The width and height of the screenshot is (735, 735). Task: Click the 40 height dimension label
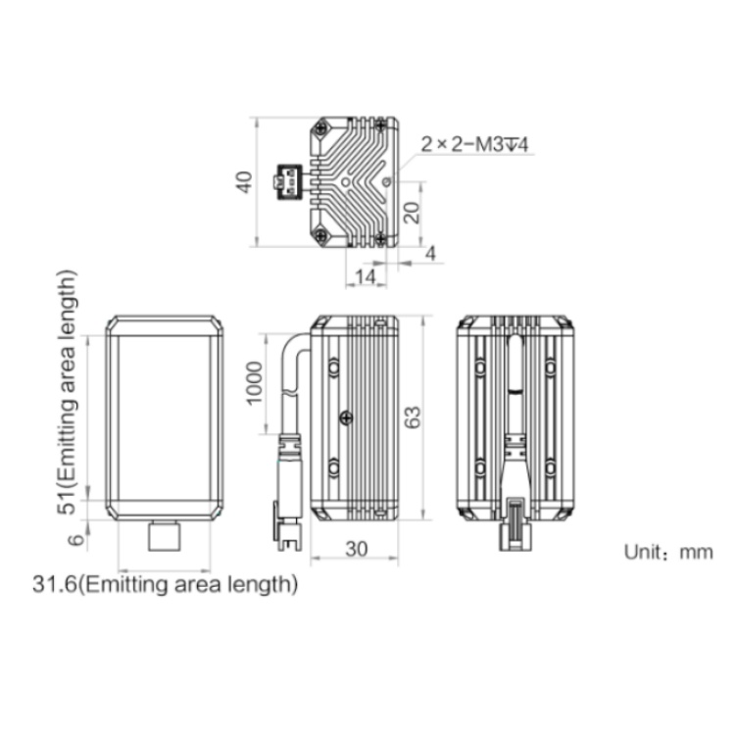click(x=244, y=182)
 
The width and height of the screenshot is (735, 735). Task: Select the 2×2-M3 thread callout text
click(x=474, y=144)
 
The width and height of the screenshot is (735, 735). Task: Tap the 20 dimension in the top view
click(x=412, y=213)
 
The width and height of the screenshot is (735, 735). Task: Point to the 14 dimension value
click(x=366, y=276)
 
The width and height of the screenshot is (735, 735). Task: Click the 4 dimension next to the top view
click(x=430, y=253)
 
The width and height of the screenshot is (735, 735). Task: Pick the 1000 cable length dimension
click(x=254, y=383)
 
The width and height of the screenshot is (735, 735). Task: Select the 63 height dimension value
click(x=413, y=417)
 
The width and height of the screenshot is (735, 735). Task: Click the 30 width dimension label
click(x=357, y=549)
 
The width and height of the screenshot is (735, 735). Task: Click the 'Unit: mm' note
click(x=668, y=552)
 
